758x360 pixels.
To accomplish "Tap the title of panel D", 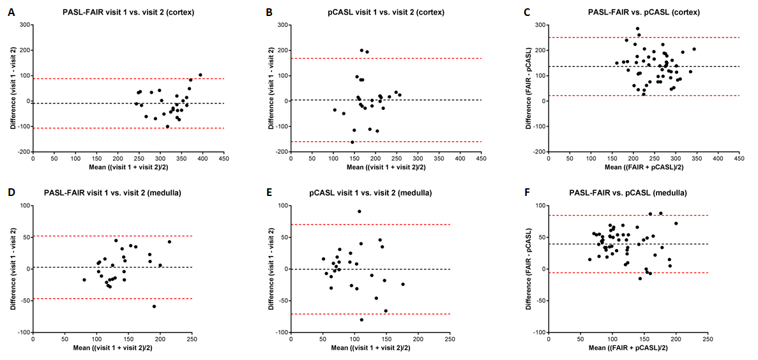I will tap(128, 193).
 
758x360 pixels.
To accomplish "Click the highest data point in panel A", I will tap(200, 75).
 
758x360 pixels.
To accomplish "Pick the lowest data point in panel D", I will tap(154, 306).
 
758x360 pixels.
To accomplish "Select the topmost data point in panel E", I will tap(360, 211).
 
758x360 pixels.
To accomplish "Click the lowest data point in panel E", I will tap(361, 319).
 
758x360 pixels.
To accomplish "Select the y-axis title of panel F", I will tap(529, 269).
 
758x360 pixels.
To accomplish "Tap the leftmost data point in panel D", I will tap(84, 280).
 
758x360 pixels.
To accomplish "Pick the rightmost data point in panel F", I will tap(676, 223).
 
